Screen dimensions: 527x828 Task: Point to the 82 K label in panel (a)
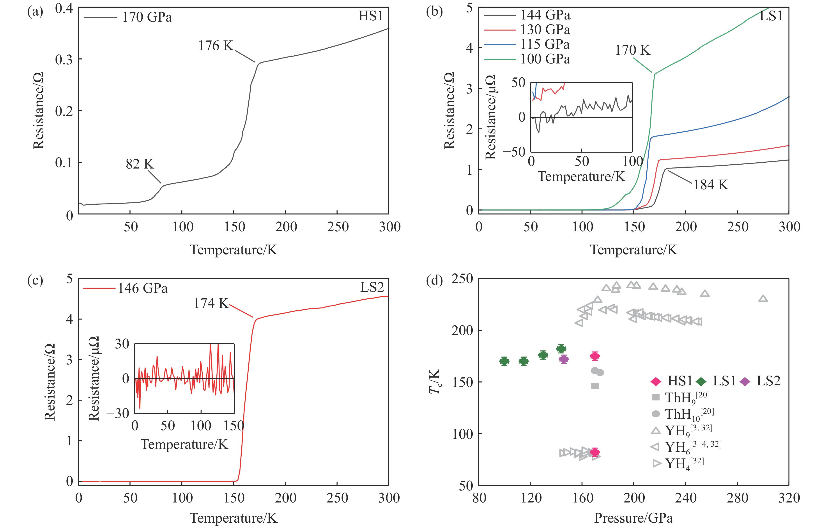tap(140, 164)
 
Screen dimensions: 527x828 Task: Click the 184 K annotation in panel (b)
tap(710, 185)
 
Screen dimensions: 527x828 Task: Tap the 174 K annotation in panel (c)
tap(211, 303)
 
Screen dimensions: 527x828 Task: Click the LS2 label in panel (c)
tap(372, 287)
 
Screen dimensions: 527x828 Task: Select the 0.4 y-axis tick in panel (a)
tap(64, 9)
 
